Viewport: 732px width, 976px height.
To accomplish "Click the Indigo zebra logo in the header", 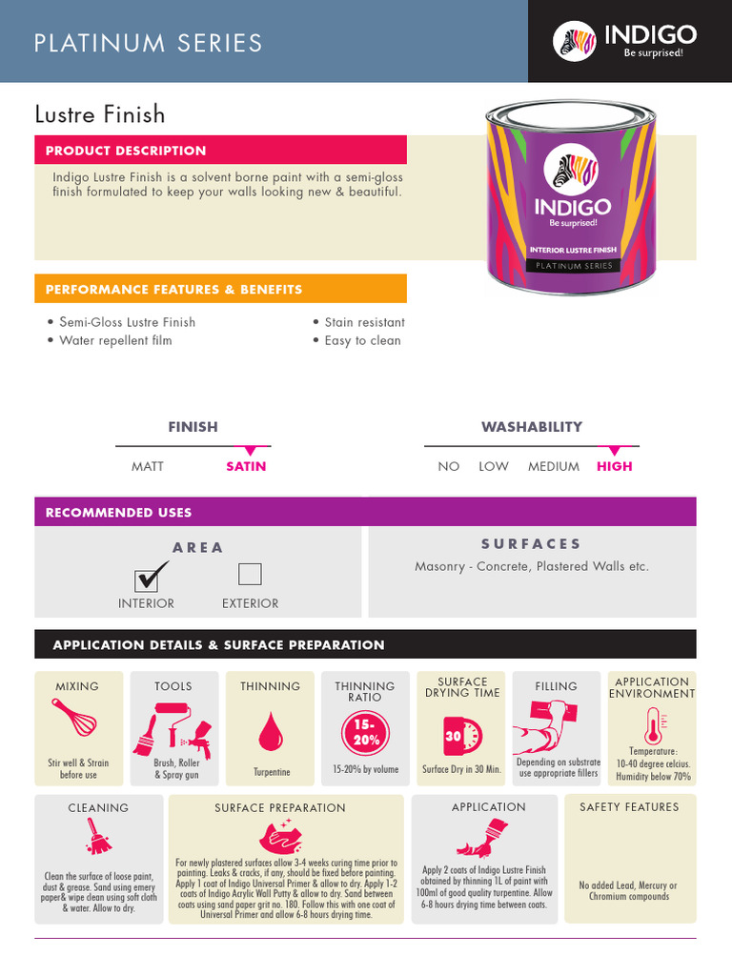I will pos(575,40).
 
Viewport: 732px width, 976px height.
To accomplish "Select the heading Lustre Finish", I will pos(100,115).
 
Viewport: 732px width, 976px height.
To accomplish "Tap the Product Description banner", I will pos(220,150).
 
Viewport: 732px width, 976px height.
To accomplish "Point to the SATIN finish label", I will pos(246,466).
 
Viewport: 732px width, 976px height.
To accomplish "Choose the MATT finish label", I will pos(148,466).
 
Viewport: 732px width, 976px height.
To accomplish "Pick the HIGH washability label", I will pos(614,466).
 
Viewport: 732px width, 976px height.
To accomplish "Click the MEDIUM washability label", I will pos(554,466).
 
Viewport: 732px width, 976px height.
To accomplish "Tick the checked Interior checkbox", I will pos(148,577).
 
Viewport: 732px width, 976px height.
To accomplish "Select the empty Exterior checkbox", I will pos(250,574).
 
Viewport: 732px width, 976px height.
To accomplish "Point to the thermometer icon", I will pos(653,725).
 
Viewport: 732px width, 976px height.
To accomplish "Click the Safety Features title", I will pos(629,807).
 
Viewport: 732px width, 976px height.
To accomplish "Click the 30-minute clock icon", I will pos(462,736).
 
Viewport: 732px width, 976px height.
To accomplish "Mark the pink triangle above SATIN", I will pos(250,451).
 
